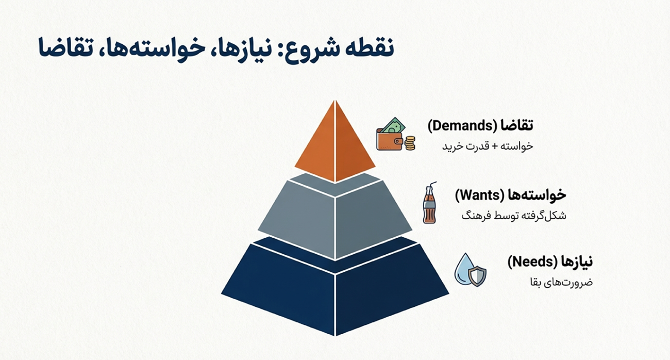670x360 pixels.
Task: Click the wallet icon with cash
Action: tap(391, 136)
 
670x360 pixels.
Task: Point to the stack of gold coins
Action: tap(410, 143)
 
